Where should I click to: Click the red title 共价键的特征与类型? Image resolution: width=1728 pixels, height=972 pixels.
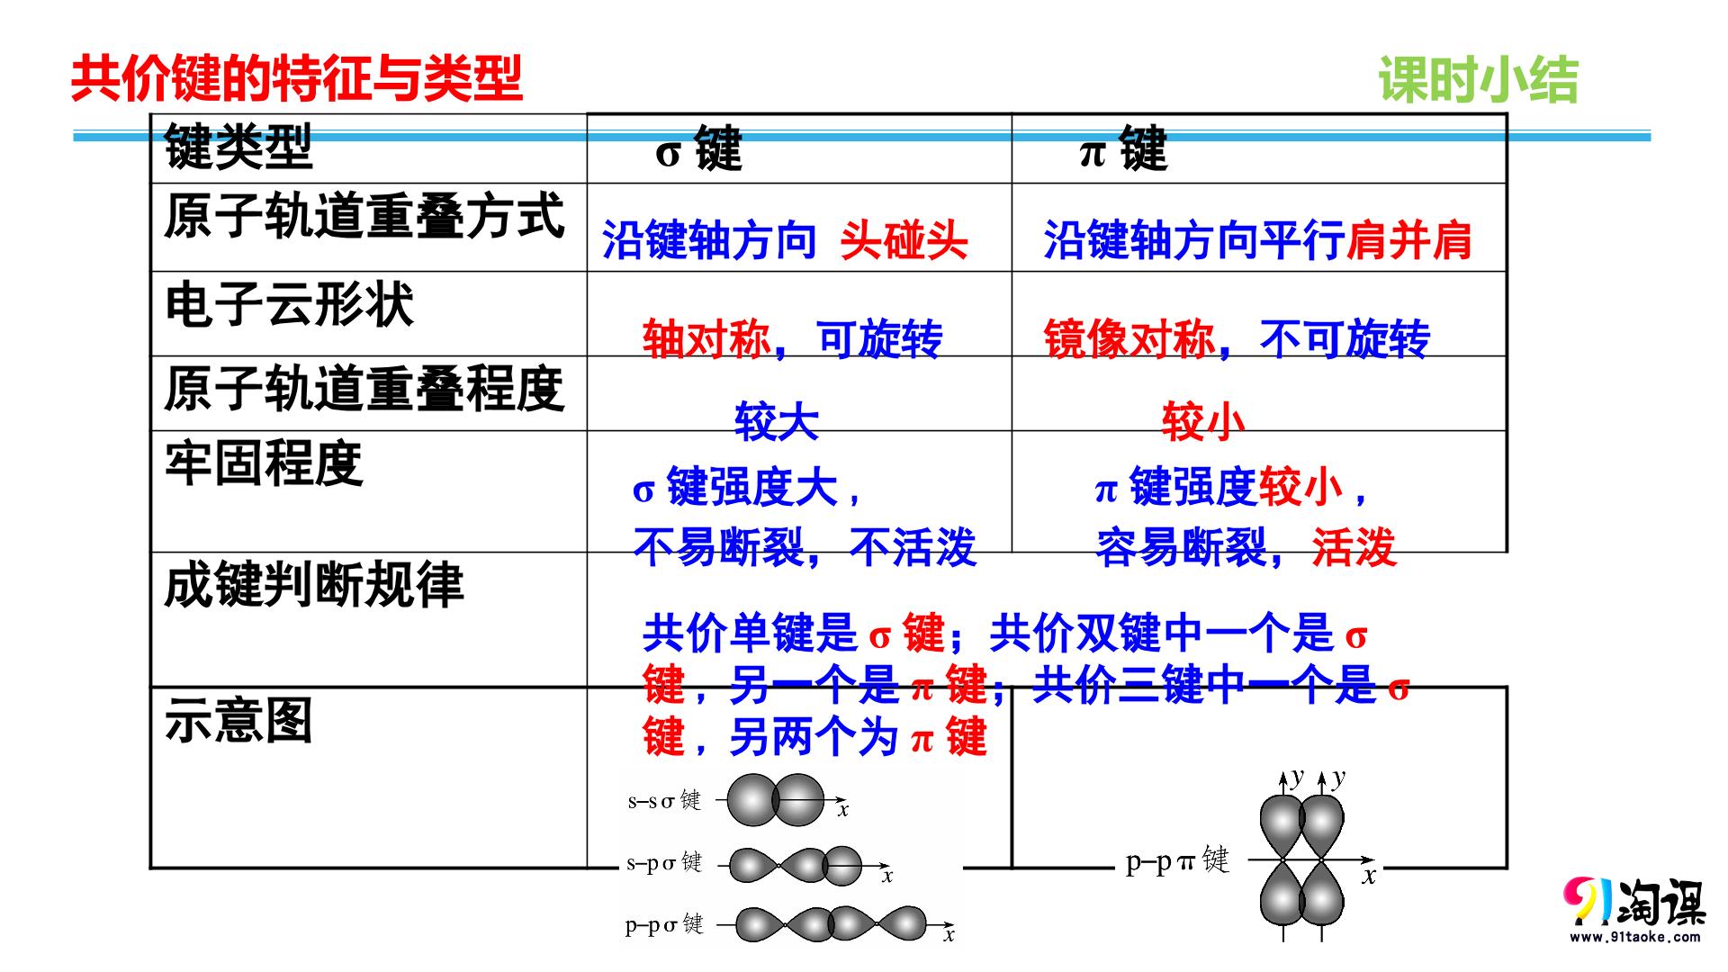296,78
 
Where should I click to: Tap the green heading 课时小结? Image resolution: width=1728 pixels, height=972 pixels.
1479,80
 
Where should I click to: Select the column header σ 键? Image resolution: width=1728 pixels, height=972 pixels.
699,149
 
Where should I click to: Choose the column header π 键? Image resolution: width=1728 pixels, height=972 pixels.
1123,149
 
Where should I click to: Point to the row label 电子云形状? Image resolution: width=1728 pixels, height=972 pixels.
289,304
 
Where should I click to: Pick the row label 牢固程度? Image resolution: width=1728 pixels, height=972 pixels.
264,463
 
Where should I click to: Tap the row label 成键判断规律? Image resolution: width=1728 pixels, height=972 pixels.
314,585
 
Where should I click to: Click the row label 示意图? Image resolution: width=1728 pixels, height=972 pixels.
238,721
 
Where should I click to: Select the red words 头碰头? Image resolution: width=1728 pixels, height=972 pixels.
904,240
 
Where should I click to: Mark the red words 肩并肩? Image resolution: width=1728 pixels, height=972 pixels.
1409,240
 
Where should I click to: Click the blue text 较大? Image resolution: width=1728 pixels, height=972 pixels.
777,421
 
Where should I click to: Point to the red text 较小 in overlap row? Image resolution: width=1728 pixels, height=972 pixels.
1203,421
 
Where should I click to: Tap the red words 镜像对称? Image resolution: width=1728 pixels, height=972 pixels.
1129,339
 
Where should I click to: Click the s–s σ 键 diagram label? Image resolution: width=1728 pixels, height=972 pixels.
664,799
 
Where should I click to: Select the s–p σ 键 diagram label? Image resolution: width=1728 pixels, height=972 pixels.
664,862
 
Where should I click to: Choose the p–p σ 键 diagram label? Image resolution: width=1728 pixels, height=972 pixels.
664,924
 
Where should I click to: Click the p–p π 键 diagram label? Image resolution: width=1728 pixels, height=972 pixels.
1177,860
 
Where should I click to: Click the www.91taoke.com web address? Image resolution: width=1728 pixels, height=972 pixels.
1635,937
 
